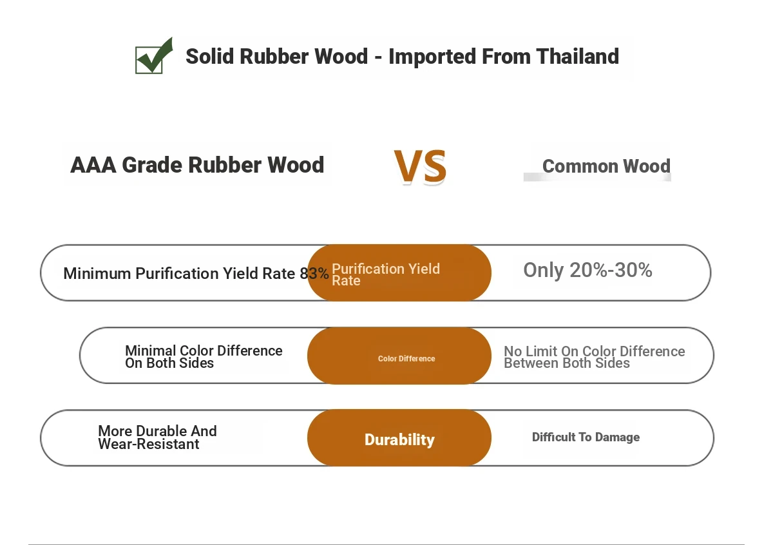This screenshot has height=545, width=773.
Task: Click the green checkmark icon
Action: tap(153, 56)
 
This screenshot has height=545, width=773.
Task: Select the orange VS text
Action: tap(420, 166)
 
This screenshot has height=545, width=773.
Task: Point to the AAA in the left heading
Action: tap(93, 165)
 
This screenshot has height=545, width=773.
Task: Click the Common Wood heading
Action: tap(606, 166)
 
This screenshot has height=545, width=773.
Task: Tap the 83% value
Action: tap(314, 274)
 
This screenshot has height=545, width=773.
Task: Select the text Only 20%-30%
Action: tap(587, 270)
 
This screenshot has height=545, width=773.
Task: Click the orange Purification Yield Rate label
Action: tap(386, 274)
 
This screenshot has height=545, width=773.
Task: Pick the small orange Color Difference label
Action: tap(406, 359)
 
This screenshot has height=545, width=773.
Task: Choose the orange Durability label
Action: tap(399, 440)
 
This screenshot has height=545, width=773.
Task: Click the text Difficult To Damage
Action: tap(586, 437)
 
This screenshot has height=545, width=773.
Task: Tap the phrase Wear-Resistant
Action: tap(148, 445)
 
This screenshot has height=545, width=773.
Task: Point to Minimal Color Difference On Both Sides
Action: tap(204, 356)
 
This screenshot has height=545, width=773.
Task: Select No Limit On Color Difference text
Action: tap(594, 351)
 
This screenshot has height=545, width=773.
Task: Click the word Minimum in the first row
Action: tap(97, 274)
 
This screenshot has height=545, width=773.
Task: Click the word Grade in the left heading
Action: tap(152, 165)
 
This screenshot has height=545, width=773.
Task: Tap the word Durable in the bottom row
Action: tap(162, 431)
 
